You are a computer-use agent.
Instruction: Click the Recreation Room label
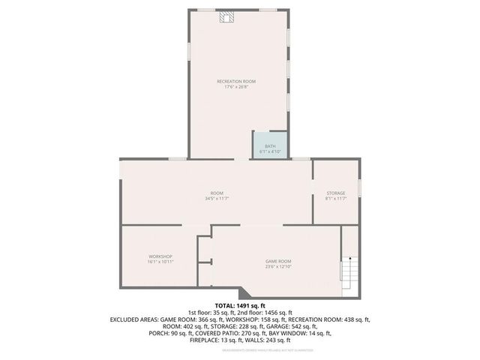236,81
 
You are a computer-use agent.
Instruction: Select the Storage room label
335,193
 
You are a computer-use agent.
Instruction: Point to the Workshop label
160,256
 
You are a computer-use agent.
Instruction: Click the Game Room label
278,261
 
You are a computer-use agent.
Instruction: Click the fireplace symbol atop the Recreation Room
226,16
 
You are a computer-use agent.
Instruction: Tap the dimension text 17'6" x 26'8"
236,87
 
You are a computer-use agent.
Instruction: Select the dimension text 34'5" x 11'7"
216,199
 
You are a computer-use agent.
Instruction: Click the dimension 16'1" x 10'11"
160,262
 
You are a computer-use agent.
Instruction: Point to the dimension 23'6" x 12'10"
278,267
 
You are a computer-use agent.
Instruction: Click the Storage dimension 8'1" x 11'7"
335,199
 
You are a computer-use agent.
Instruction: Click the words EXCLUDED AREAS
134,319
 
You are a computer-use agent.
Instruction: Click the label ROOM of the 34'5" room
217,193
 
